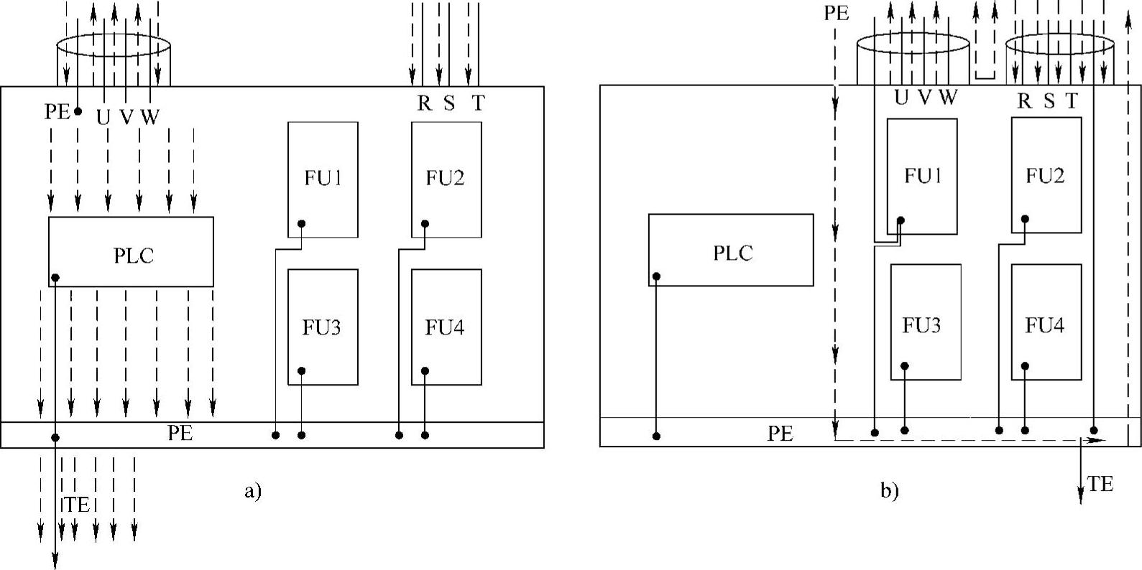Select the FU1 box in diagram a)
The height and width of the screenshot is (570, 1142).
323,179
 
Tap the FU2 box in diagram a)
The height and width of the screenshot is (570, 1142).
446,179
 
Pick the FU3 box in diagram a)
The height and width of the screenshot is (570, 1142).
323,327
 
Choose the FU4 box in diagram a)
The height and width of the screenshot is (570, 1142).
446,327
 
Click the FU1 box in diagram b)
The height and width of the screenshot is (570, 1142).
922,176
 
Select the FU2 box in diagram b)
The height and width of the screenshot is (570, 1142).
1046,176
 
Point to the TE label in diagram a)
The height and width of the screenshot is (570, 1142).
77,505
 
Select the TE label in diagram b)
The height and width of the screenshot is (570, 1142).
1100,485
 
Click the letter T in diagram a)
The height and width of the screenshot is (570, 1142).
478,103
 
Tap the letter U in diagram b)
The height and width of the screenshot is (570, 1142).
901,98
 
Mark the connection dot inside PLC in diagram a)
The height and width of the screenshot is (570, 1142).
55,278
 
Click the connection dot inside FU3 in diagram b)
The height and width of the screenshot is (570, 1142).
905,366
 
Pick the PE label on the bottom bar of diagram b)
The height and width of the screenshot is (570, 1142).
780,434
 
